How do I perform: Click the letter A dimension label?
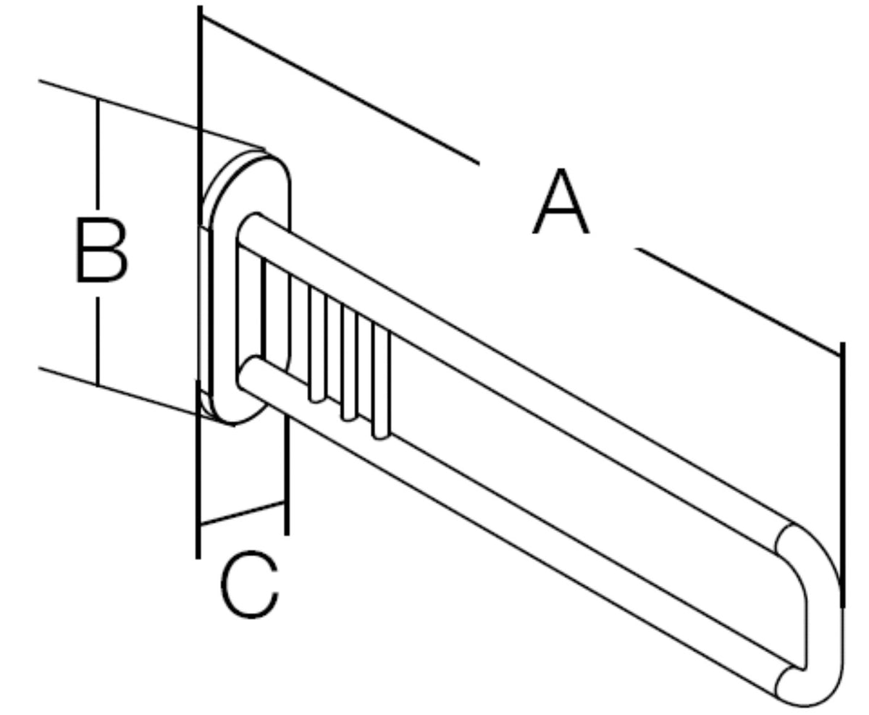[x=561, y=201]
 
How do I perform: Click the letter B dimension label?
[x=102, y=250]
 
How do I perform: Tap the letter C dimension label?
[x=250, y=585]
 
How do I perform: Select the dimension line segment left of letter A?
[x=340, y=90]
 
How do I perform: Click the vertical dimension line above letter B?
[x=98, y=154]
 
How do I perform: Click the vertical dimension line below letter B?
[x=98, y=341]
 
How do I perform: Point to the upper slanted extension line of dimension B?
[x=151, y=114]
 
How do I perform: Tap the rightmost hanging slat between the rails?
[x=380, y=381]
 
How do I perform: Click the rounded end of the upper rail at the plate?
[x=247, y=227]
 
